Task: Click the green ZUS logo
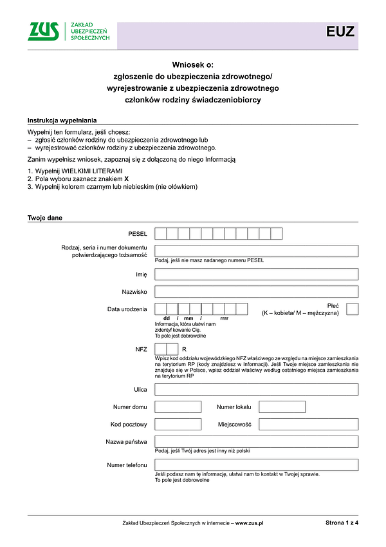[44, 31]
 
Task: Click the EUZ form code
[340, 32]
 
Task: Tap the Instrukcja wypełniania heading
[62, 120]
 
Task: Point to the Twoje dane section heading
[45, 218]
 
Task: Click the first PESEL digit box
[161, 233]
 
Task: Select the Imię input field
[256, 274]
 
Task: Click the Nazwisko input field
[256, 292]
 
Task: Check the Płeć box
[352, 309]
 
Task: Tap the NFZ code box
[166, 349]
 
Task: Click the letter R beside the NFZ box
[184, 349]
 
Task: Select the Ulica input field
[256, 389]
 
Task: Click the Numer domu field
[178, 407]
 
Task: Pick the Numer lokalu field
[282, 407]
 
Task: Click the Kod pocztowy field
[178, 425]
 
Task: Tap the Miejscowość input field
[308, 425]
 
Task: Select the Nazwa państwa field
[256, 442]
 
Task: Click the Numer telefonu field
[256, 465]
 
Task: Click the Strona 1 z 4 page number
[342, 523]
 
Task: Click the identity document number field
[256, 251]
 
